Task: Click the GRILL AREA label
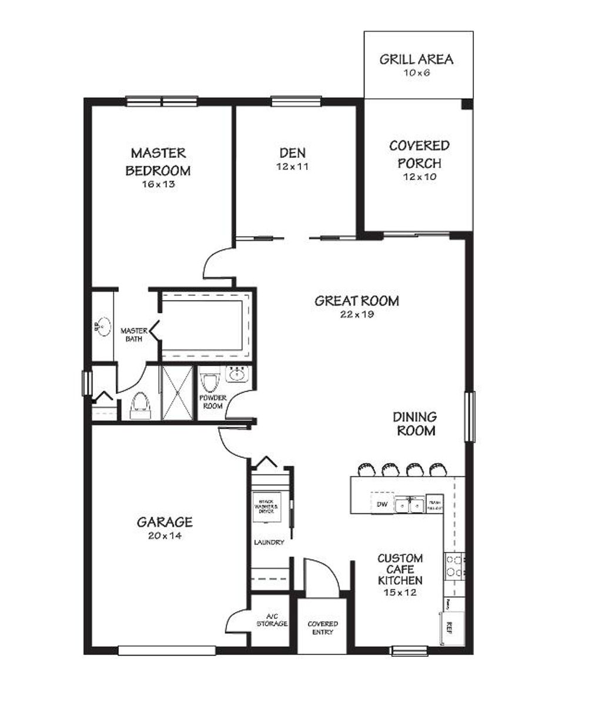pos(416,59)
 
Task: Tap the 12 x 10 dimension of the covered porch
pos(420,177)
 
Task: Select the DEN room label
pos(292,153)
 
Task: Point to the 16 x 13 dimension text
pos(158,184)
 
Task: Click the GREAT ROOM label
pos(356,301)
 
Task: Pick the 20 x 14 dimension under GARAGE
pos(165,536)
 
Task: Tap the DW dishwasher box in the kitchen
pos(382,504)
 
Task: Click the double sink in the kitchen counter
pos(409,504)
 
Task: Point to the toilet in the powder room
pos(209,383)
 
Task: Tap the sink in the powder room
pos(238,374)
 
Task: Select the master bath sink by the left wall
pos(103,326)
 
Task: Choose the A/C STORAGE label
pos(272,620)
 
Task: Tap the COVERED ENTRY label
pos(323,627)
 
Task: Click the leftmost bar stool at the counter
pos(366,469)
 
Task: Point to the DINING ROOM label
pos(415,424)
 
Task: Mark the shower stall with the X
pos(177,393)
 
